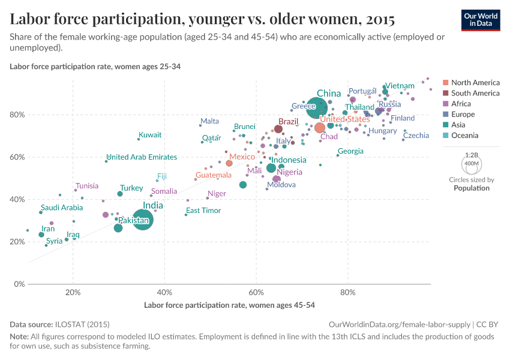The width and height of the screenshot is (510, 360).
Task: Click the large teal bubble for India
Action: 142,220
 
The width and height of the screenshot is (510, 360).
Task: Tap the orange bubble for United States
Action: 320,128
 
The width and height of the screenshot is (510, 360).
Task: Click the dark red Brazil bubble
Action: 278,129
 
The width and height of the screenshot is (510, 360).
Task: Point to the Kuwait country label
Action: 150,135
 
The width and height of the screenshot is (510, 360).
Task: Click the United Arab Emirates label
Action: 142,157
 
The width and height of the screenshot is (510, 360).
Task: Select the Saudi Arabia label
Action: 62,208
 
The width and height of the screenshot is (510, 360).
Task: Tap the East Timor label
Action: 203,211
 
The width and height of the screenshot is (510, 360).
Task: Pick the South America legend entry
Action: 475,93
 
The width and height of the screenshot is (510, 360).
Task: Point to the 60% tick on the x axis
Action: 256,293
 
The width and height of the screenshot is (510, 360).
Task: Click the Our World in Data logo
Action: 482,19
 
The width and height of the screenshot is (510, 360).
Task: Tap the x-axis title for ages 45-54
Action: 230,305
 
